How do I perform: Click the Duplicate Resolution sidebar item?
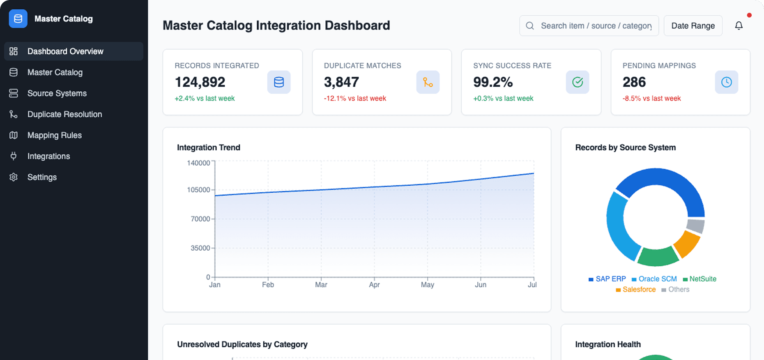[x=64, y=114]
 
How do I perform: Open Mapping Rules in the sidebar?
[x=54, y=135]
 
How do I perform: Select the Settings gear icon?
[x=14, y=177]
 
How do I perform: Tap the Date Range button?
[x=693, y=25]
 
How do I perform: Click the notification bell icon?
[x=739, y=25]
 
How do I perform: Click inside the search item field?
[x=596, y=25]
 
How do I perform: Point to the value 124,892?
[x=200, y=82]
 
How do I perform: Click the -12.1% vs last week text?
[x=355, y=98]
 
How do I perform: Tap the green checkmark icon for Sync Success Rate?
[x=577, y=82]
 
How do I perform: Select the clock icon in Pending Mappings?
[x=726, y=82]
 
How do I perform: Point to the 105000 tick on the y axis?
[x=199, y=190]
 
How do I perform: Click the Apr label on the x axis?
[x=374, y=284]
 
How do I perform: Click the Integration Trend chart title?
[x=208, y=148]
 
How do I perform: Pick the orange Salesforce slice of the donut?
[x=687, y=244]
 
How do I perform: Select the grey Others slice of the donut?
[x=695, y=226]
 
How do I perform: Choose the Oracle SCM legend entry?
[x=654, y=279]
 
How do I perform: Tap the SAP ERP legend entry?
[x=608, y=279]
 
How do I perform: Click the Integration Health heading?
[x=608, y=344]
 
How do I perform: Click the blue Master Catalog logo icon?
[x=18, y=19]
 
